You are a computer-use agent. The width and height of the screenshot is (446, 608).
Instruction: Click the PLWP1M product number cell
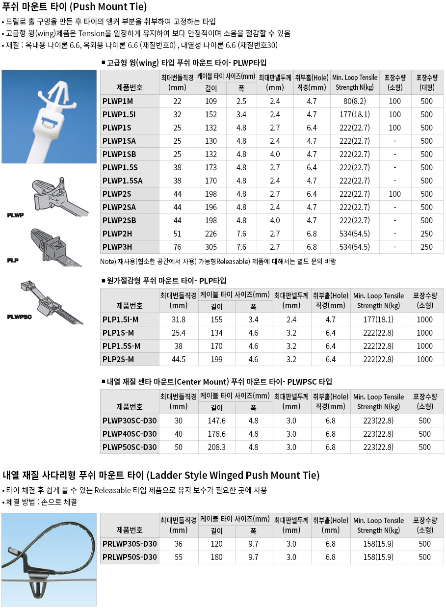tap(118, 101)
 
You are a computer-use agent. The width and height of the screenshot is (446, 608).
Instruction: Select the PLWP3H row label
tap(118, 247)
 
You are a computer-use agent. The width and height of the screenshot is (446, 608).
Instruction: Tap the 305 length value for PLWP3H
tap(211, 247)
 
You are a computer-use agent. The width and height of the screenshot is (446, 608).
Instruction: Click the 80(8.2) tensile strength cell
tap(355, 101)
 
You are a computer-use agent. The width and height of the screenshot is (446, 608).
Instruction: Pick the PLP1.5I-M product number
tap(121, 319)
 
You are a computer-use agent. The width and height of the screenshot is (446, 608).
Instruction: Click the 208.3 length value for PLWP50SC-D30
tap(216, 447)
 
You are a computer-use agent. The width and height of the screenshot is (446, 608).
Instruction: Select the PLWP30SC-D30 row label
tap(130, 421)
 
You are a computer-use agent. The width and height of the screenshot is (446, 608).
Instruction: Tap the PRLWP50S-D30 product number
tap(130, 557)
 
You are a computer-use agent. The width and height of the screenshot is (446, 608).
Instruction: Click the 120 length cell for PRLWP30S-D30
tap(216, 544)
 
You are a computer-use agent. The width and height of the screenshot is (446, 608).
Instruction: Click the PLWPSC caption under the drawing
tap(20, 317)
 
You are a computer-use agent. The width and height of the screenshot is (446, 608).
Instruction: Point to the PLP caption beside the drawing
tap(13, 260)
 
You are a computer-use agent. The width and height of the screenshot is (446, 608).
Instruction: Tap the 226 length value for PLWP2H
tap(211, 234)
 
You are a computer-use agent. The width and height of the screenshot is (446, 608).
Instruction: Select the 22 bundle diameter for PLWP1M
tap(178, 101)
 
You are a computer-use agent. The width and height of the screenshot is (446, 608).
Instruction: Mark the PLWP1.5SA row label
tap(123, 181)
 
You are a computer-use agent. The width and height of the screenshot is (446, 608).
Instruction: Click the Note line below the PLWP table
tap(218, 262)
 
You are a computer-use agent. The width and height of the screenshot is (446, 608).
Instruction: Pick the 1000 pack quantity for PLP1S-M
tap(425, 333)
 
